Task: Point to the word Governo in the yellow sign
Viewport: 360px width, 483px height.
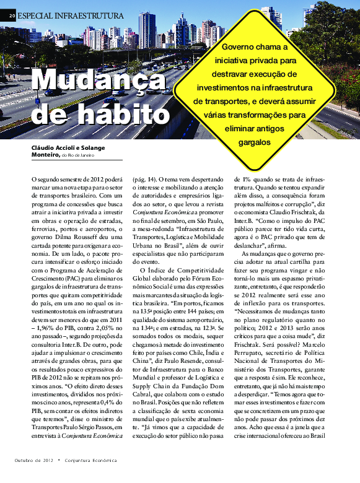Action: click(240, 46)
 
